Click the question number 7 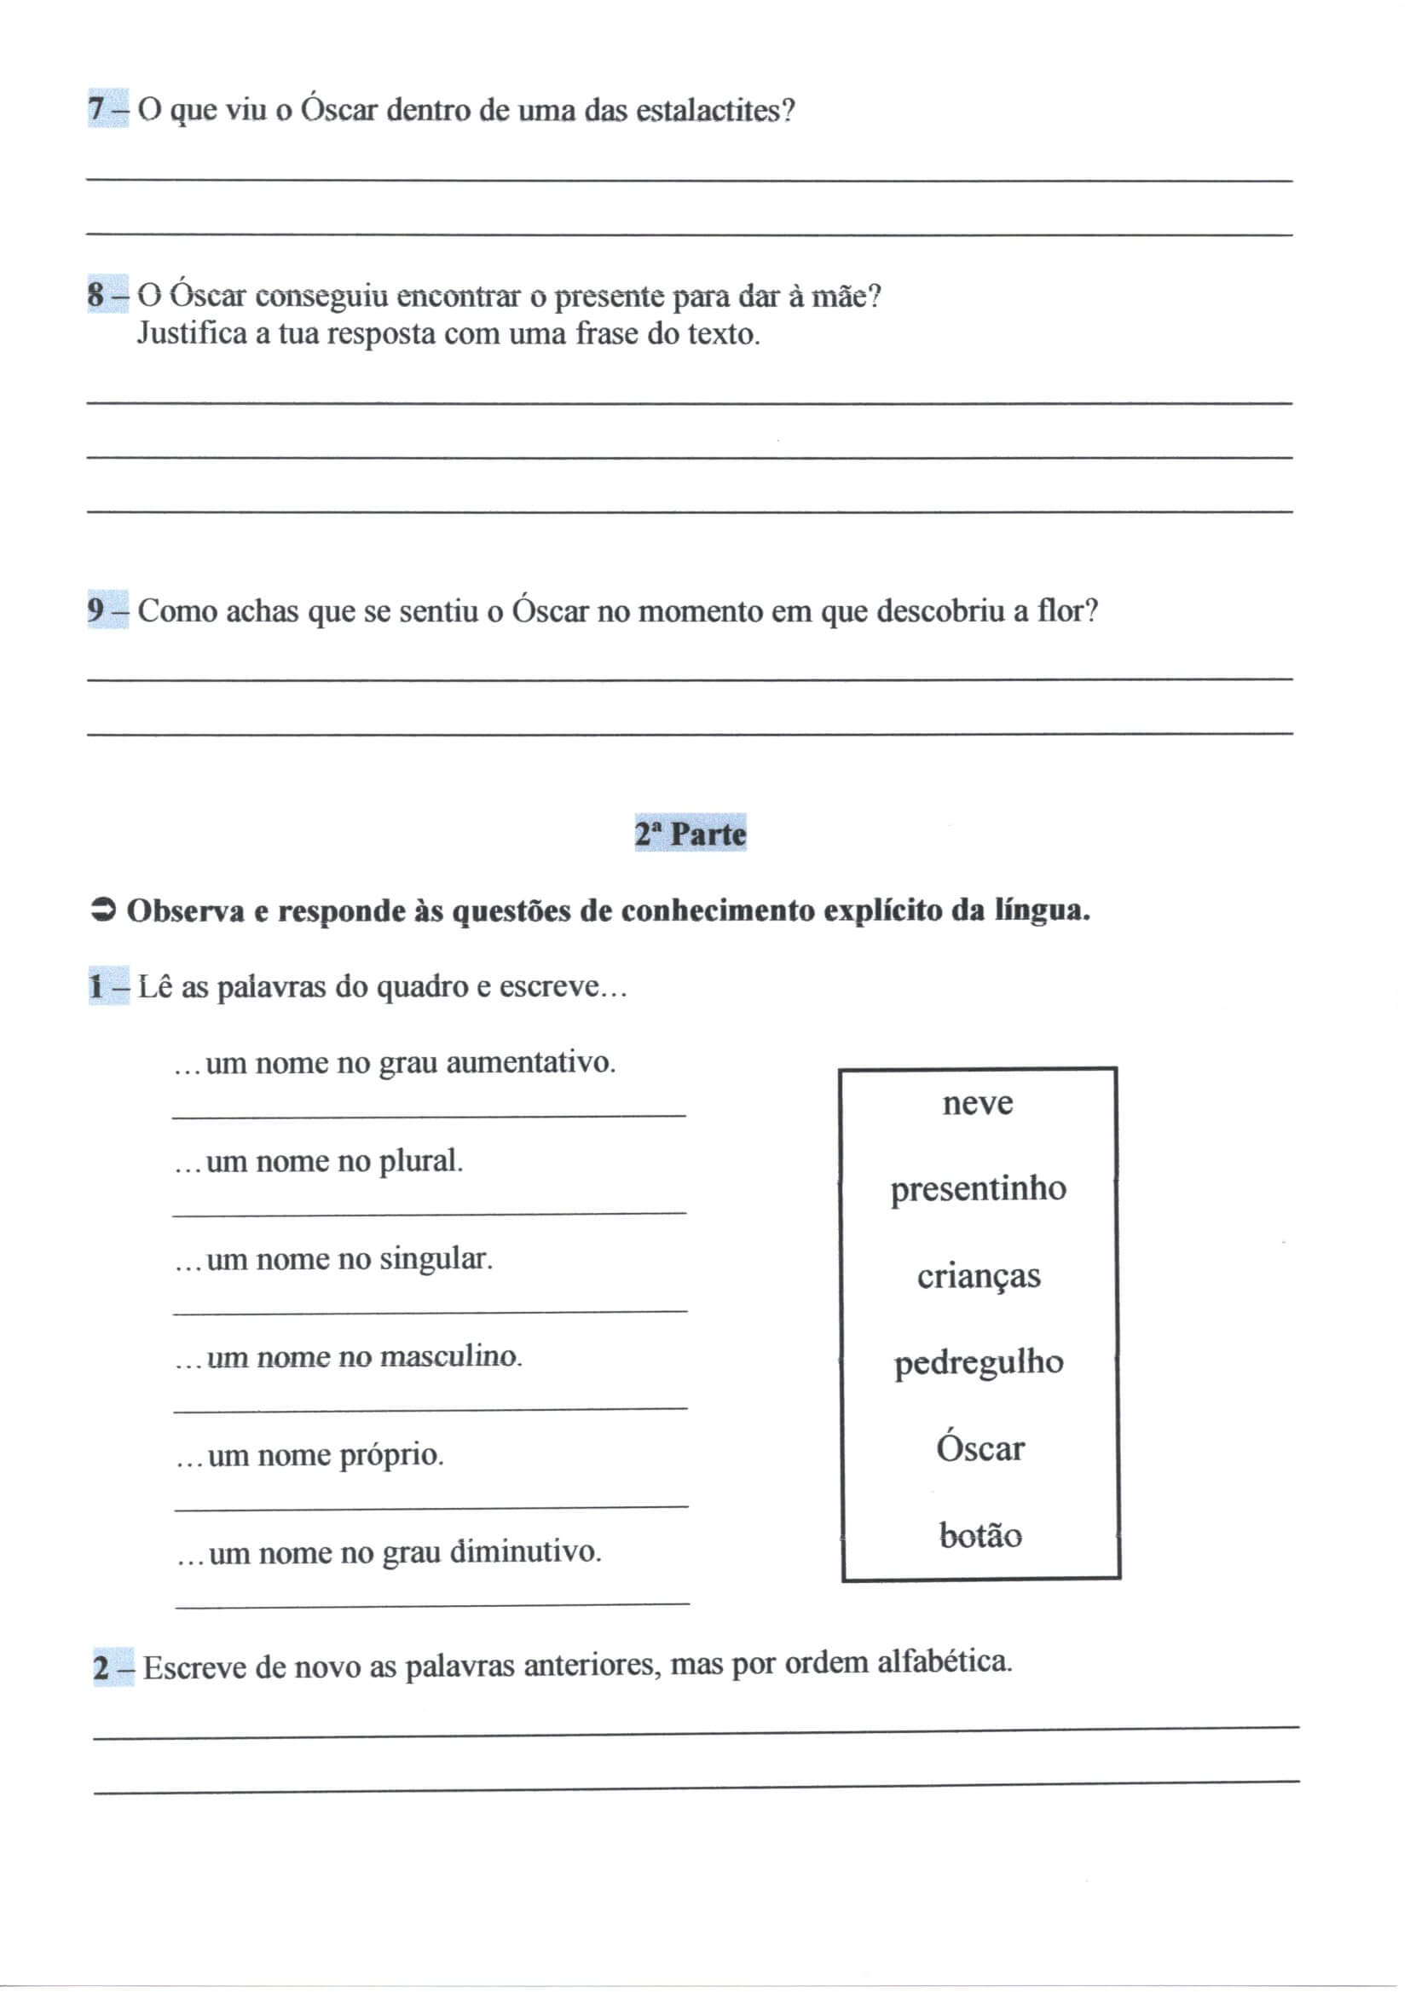click(x=96, y=109)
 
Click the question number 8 click(x=96, y=295)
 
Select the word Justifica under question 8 click(x=192, y=333)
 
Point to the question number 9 click(x=96, y=610)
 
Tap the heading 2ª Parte click(x=691, y=835)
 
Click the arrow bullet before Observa click(x=103, y=910)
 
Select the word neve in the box click(x=978, y=1103)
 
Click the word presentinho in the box click(x=979, y=1188)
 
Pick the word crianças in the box click(x=979, y=1276)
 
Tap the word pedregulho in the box click(x=979, y=1363)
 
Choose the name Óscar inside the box click(x=980, y=1449)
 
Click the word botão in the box click(x=980, y=1535)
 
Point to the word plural click(x=421, y=1161)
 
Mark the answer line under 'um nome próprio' click(x=431, y=1507)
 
